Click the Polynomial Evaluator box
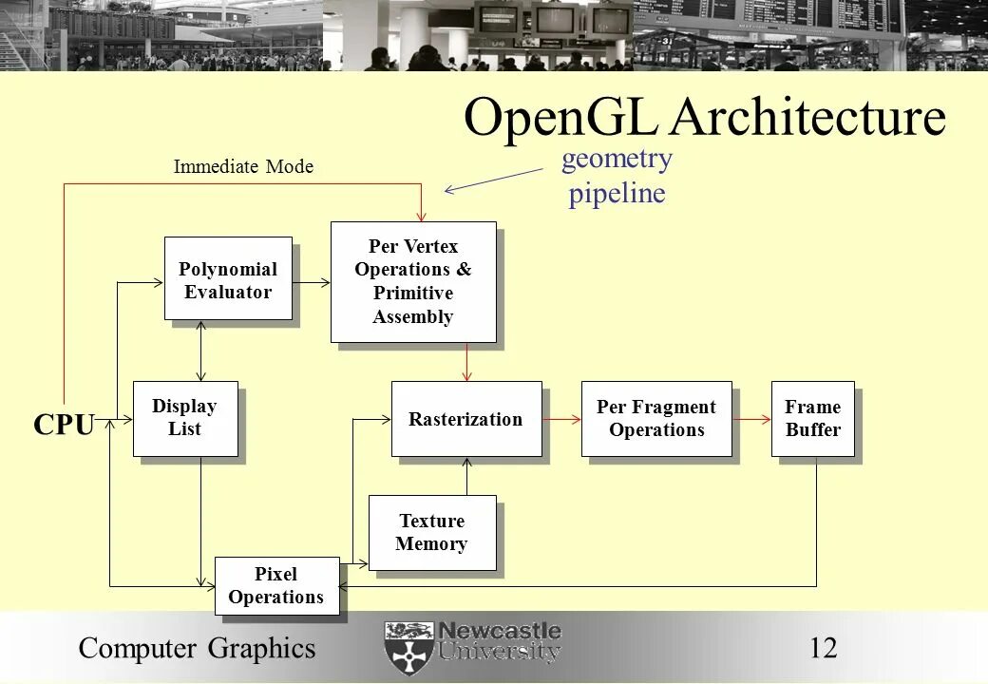pyautogui.click(x=228, y=279)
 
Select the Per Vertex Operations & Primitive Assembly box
pyautogui.click(x=413, y=282)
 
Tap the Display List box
pyautogui.click(x=185, y=418)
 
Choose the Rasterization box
pyautogui.click(x=465, y=419)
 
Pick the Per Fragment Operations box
pyautogui.click(x=656, y=419)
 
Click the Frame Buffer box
pyautogui.click(x=813, y=419)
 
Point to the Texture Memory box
pyautogui.click(x=432, y=533)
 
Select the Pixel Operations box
pyautogui.click(x=276, y=585)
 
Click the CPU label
pyautogui.click(x=64, y=426)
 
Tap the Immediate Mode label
pyautogui.click(x=243, y=167)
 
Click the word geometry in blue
pyautogui.click(x=617, y=159)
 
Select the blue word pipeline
pyautogui.click(x=617, y=194)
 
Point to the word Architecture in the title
pyautogui.click(x=808, y=119)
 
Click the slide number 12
pyautogui.click(x=824, y=648)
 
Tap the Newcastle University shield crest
pyautogui.click(x=408, y=648)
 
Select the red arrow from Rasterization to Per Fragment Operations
pyautogui.click(x=561, y=419)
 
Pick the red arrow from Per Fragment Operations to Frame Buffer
pyautogui.click(x=751, y=419)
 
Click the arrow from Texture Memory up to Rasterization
pyautogui.click(x=466, y=476)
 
